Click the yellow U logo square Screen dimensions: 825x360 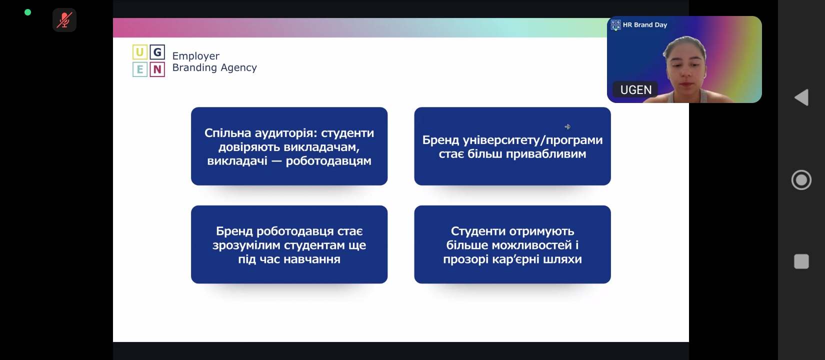[139, 52]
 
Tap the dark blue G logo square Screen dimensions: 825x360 [157, 52]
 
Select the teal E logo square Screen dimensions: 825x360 [139, 69]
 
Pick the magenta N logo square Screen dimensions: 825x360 [157, 69]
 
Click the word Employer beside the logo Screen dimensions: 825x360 [196, 56]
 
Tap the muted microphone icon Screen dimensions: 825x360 [64, 20]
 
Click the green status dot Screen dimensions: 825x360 [27, 12]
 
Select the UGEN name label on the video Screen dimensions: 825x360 [635, 89]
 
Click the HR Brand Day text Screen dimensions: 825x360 [644, 24]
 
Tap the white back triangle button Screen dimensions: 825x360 [801, 97]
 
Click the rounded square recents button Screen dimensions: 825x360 [801, 261]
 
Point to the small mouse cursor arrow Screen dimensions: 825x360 [567, 127]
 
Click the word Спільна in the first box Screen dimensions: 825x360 [228, 132]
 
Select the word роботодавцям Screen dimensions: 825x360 [328, 161]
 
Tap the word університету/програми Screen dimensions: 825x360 [532, 140]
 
